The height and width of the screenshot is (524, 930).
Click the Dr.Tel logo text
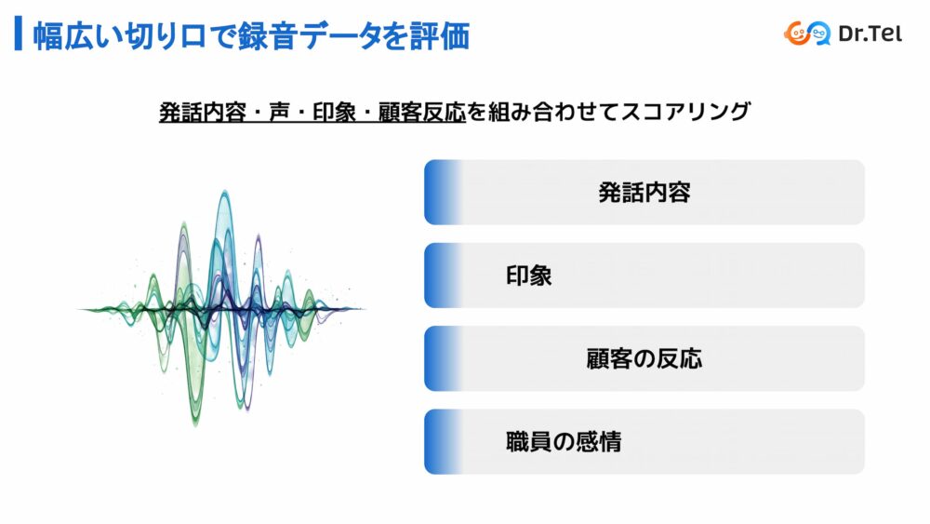[870, 34]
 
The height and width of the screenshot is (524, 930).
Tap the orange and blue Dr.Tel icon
[806, 34]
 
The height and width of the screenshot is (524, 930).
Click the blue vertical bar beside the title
[19, 34]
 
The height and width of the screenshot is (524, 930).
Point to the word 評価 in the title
[440, 35]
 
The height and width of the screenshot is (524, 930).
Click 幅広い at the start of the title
[76, 35]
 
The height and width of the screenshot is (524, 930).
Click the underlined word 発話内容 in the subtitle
[202, 112]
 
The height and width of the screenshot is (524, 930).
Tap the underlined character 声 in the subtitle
[279, 112]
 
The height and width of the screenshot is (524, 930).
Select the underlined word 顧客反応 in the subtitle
[421, 112]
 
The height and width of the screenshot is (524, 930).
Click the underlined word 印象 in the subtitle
[335, 112]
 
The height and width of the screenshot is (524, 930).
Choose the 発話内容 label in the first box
[644, 193]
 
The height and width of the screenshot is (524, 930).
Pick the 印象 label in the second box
[528, 275]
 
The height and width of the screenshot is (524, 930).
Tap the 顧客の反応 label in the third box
[644, 358]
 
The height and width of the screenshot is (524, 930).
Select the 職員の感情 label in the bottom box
[564, 441]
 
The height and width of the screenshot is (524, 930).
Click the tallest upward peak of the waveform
[225, 193]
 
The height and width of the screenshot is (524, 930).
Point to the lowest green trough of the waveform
[195, 423]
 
